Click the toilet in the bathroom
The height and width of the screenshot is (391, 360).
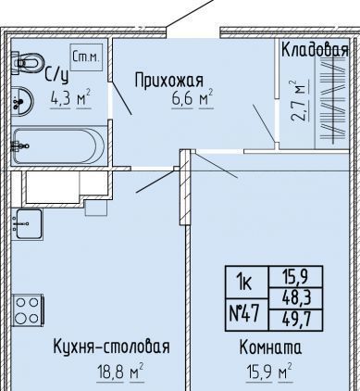tap(27, 63)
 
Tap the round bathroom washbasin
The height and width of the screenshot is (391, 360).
tap(22, 101)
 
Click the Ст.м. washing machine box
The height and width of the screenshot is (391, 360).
tap(86, 57)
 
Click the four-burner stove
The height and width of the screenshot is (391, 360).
tap(28, 310)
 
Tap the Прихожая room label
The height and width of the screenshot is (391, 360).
tap(169, 81)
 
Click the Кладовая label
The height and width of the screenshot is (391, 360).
tap(315, 50)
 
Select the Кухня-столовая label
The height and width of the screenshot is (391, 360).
tap(111, 347)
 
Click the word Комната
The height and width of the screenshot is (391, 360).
tap(270, 347)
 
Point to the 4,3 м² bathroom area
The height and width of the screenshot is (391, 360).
tap(70, 98)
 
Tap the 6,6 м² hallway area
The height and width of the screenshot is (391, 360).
tap(192, 98)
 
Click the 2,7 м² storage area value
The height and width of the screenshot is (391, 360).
tap(299, 101)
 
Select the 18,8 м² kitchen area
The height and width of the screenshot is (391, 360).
tap(120, 372)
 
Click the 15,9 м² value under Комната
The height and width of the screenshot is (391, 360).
tap(268, 372)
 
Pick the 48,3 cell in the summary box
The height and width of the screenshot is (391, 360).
tap(296, 298)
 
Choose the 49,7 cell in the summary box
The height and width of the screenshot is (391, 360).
tap(296, 320)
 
